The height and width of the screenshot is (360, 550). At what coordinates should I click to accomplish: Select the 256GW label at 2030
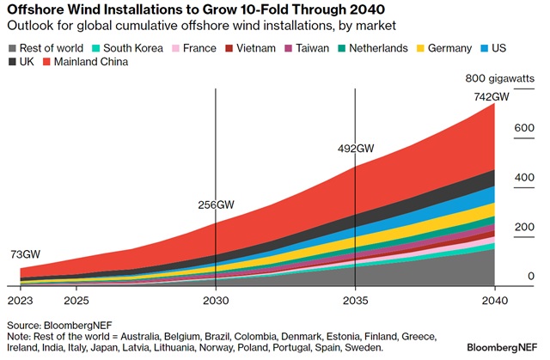pyautogui.click(x=216, y=205)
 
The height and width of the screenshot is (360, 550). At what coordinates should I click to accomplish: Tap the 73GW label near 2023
pyautogui.click(x=26, y=255)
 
